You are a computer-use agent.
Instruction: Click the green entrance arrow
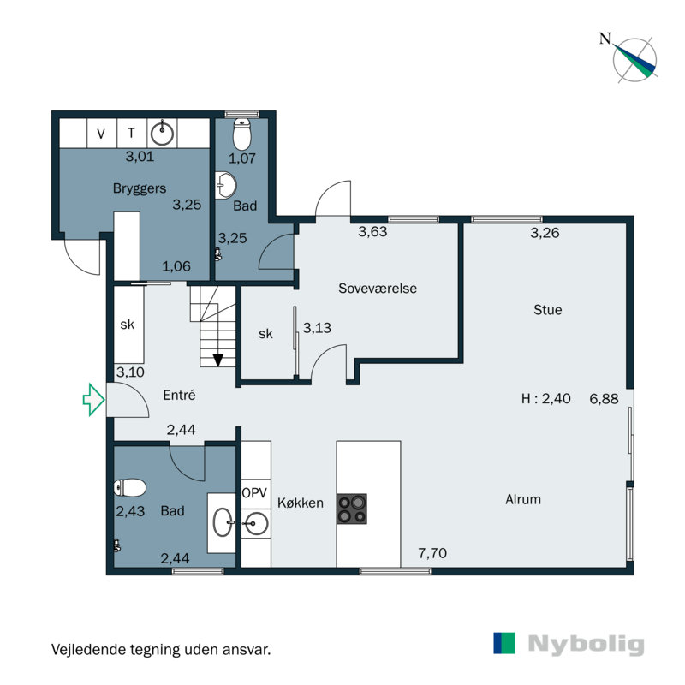(x=92, y=399)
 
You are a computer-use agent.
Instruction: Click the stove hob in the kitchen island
(x=351, y=509)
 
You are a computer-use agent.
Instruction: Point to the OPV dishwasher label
(x=255, y=494)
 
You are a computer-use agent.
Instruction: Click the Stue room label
(x=547, y=310)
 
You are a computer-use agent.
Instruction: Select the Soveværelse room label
(x=378, y=289)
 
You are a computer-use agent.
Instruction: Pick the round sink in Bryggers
(x=162, y=133)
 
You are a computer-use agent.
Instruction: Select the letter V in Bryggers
(x=101, y=133)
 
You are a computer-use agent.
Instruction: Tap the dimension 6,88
(x=604, y=398)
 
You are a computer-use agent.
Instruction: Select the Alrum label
(x=523, y=499)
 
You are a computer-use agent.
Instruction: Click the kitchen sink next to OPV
(x=255, y=520)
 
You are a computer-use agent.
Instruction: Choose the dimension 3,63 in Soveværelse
(x=372, y=231)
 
